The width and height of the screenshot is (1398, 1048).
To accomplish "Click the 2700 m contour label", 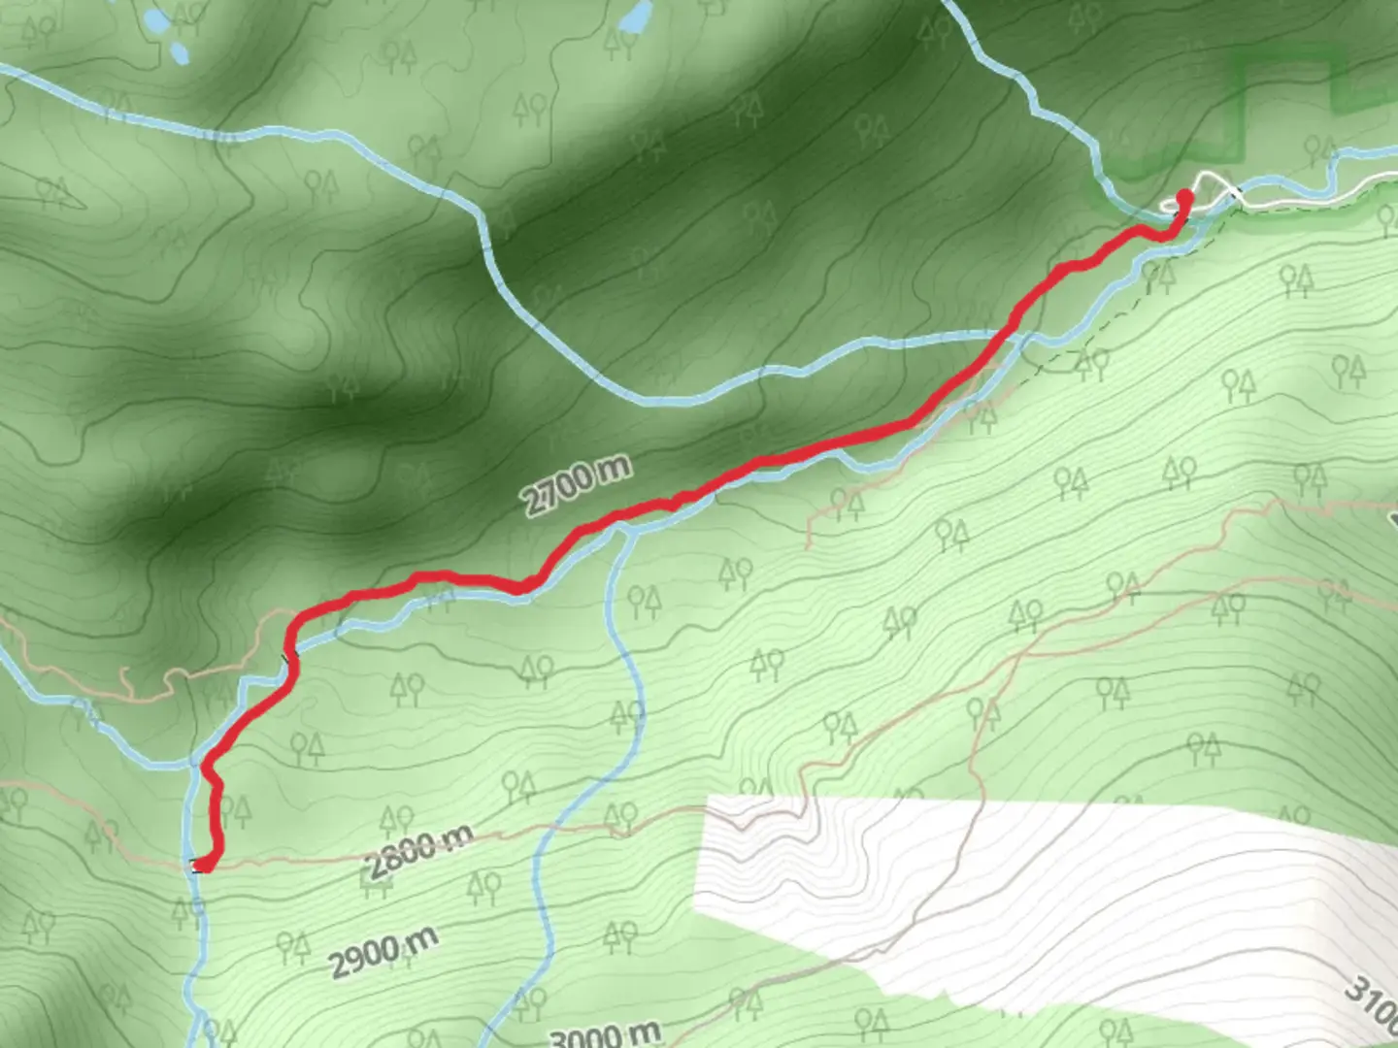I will (577, 484).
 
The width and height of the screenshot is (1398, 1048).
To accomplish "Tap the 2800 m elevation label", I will (419, 851).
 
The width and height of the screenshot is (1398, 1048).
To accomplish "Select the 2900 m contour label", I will (383, 951).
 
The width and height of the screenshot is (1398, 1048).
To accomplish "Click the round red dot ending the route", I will (1184, 198).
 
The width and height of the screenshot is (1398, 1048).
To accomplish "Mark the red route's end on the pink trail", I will (205, 864).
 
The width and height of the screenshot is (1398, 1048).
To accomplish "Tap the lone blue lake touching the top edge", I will (636, 15).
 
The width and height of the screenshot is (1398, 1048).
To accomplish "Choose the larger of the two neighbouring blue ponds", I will (154, 19).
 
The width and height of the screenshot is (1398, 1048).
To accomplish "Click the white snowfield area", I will (971, 873).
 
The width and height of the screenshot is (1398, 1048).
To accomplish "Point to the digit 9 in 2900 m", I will (352, 963).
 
